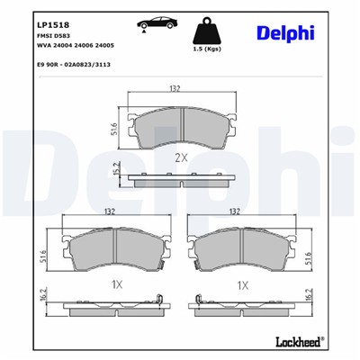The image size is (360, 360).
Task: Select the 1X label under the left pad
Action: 115,284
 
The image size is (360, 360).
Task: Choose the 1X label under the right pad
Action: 243,284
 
